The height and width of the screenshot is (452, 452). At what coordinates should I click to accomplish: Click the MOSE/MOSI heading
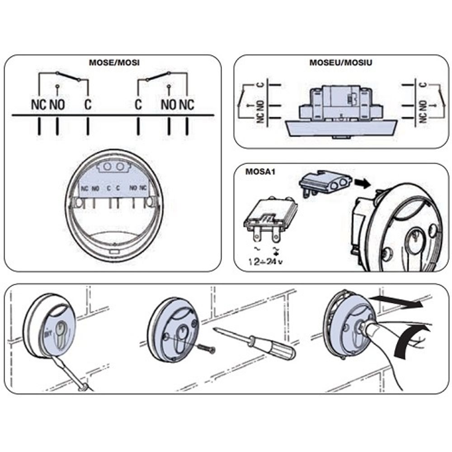(114, 62)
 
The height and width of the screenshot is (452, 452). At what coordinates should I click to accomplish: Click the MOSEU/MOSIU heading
(341, 62)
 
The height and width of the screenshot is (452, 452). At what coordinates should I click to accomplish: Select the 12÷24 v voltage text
(266, 262)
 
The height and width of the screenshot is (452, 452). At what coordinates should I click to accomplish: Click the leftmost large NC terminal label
(38, 105)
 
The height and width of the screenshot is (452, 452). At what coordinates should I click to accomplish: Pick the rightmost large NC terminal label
(186, 105)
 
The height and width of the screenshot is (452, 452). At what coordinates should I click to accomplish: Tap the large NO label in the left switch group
(57, 105)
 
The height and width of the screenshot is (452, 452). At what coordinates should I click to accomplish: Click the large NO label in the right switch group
(169, 105)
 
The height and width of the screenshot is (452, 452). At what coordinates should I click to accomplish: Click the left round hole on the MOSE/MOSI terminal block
(108, 167)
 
